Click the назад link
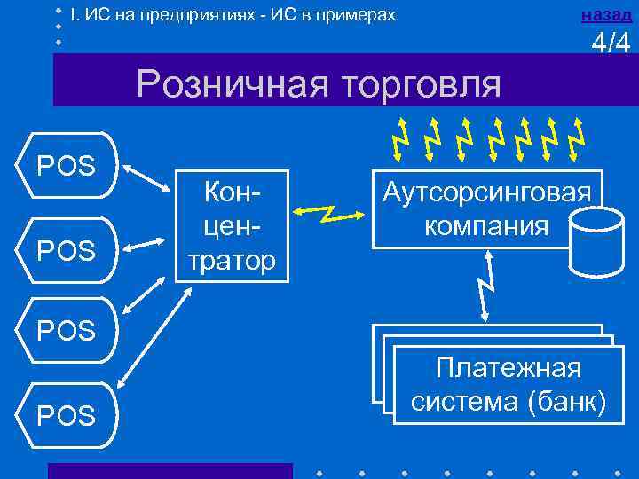tap(606, 15)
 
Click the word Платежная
tap(509, 368)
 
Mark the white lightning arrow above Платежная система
tap(485, 286)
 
